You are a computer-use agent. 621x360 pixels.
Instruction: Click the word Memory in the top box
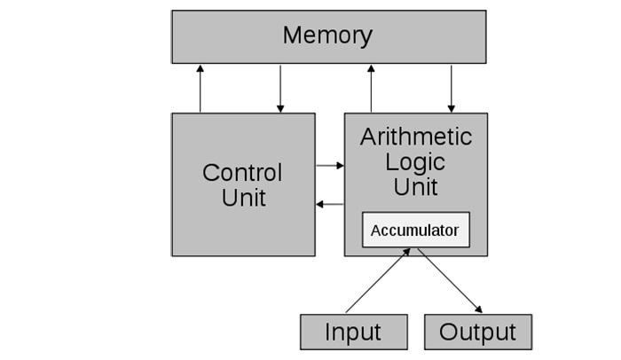[x=327, y=35]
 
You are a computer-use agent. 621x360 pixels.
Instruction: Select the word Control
[x=242, y=172]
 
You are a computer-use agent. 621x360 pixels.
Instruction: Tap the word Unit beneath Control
[x=243, y=197]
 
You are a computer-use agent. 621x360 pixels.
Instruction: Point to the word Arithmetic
[x=416, y=137]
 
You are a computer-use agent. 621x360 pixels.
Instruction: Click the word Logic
[x=416, y=162]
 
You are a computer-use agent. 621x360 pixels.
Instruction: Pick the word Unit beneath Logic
[x=416, y=187]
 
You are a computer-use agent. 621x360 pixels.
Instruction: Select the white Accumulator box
[x=415, y=231]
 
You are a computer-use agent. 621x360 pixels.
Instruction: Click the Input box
[x=353, y=333]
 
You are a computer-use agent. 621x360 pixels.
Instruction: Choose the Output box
[x=477, y=333]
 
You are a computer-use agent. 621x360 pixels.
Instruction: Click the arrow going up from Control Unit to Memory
[x=200, y=89]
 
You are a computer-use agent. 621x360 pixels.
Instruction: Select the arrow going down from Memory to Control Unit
[x=280, y=89]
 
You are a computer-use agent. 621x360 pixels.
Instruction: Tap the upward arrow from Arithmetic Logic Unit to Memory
[x=372, y=89]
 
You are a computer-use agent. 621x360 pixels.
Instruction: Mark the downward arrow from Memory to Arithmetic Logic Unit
[x=452, y=89]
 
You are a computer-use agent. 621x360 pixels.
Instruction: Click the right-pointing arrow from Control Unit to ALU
[x=330, y=165]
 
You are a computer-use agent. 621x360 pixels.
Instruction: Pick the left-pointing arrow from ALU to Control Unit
[x=330, y=204]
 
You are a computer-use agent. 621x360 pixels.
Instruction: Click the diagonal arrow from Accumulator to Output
[x=450, y=281]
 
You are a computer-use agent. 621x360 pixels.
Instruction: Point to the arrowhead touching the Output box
[x=478, y=309]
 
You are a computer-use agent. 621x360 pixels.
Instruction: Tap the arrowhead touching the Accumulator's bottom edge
[x=407, y=252]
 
